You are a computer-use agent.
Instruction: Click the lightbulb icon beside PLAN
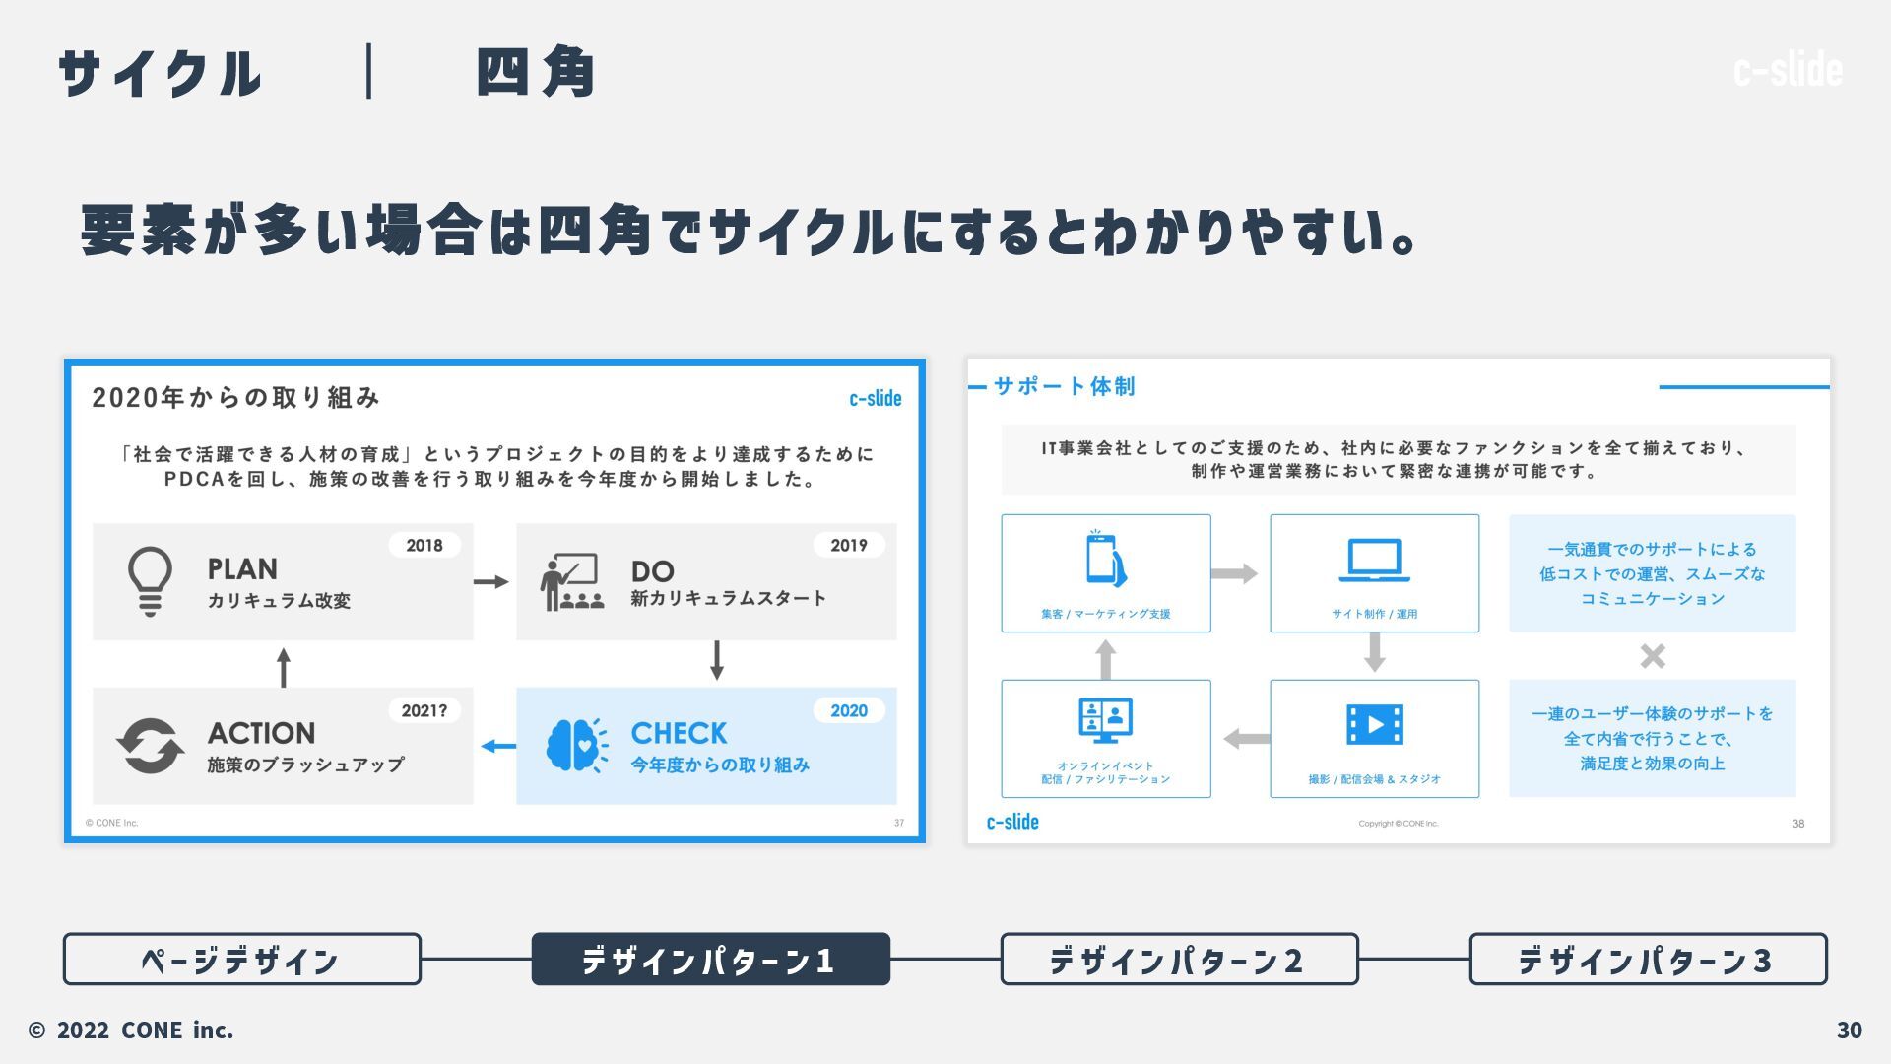point(150,581)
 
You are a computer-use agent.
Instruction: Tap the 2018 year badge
point(424,546)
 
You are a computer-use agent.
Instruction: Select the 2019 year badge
point(848,546)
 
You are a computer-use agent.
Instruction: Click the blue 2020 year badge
point(848,711)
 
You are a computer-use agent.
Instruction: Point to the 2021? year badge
point(424,711)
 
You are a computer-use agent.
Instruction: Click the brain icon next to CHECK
point(576,746)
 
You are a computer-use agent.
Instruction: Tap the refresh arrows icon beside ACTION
point(150,746)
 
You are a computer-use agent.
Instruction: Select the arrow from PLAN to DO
point(491,582)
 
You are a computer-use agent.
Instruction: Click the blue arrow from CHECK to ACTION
point(498,746)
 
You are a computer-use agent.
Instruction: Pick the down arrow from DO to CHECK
point(717,660)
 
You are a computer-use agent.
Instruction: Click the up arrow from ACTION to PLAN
point(284,667)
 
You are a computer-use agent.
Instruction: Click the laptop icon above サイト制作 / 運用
point(1374,561)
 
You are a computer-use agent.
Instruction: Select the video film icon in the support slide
point(1374,725)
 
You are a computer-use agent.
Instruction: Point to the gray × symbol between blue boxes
point(1653,656)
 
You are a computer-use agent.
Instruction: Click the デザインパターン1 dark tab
point(710,960)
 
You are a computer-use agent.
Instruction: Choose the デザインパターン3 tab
point(1648,960)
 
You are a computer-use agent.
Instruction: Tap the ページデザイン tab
point(241,960)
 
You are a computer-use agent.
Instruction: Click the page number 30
point(1849,1031)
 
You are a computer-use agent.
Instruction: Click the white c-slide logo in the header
point(1788,69)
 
